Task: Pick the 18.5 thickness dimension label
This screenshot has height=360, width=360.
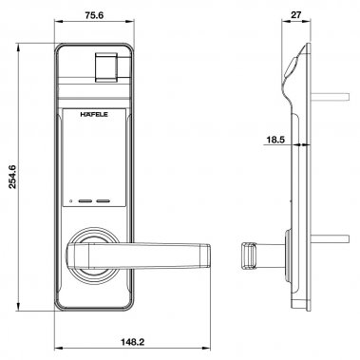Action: coord(275,140)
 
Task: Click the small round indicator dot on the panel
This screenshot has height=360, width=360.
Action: coord(70,201)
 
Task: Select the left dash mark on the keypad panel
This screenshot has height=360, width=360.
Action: coord(84,201)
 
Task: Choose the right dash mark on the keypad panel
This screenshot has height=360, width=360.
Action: coord(105,201)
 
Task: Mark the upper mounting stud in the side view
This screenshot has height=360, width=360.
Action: coord(327,95)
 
